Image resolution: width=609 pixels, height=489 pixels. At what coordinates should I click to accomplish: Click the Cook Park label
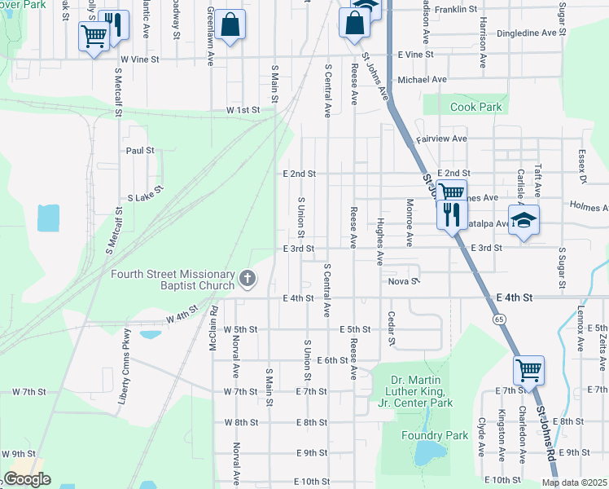[x=477, y=107]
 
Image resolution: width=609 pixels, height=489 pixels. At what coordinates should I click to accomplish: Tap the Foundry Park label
[x=435, y=435]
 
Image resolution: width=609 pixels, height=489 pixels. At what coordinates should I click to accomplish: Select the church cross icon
[x=248, y=280]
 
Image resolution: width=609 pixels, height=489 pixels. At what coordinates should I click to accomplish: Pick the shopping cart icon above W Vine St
[x=94, y=35]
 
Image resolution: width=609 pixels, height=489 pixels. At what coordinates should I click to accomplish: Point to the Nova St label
[x=402, y=281]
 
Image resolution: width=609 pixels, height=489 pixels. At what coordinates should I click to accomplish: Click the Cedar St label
[x=392, y=328]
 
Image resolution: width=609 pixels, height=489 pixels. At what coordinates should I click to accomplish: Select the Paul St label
[x=139, y=151]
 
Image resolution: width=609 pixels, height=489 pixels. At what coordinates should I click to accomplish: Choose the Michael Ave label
[x=422, y=80]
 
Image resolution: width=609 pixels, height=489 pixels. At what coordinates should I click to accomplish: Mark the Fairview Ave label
[x=441, y=139]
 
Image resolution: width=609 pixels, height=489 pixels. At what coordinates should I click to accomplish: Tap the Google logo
[x=27, y=479]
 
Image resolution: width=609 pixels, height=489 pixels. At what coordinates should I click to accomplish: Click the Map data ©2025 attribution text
[x=574, y=482]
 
